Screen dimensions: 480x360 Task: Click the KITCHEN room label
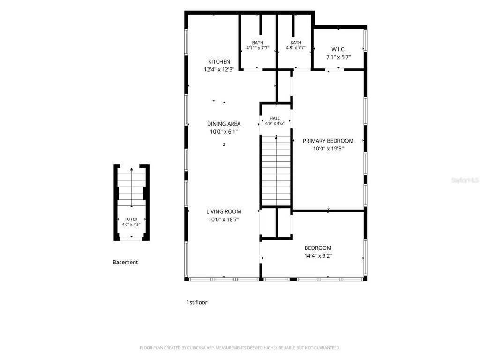tap(219, 61)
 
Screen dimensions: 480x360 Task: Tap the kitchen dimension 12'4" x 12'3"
tap(219, 69)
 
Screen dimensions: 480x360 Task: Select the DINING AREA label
tap(224, 124)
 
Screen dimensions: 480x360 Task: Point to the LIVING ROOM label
tap(224, 211)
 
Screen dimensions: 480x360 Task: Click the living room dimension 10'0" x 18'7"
tap(224, 219)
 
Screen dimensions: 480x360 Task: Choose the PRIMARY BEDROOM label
tap(328, 141)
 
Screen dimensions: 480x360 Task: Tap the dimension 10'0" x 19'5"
tap(328, 149)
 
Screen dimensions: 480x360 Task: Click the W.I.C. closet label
tap(338, 49)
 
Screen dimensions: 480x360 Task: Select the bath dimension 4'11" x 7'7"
tap(258, 48)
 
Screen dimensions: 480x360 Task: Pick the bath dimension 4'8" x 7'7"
tap(296, 48)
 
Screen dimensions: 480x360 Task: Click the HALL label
tap(275, 118)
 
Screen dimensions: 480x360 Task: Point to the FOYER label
tap(131, 219)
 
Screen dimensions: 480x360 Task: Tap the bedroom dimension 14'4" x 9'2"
tap(318, 256)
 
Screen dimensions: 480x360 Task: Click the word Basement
tap(125, 262)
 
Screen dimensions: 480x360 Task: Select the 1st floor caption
tap(197, 302)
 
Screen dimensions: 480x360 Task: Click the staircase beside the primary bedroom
tap(276, 171)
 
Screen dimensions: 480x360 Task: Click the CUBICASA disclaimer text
tap(240, 348)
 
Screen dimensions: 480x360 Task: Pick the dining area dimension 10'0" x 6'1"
tap(224, 132)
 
